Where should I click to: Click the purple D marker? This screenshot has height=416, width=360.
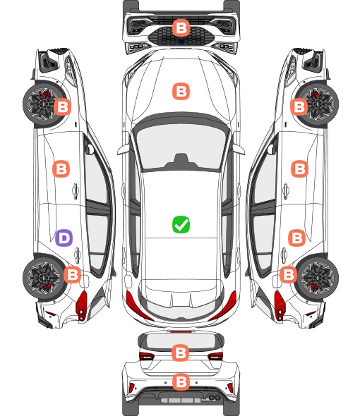pyautogui.click(x=64, y=238)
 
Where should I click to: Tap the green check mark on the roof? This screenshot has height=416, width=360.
pyautogui.click(x=181, y=224)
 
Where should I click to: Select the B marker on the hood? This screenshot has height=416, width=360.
pyautogui.click(x=181, y=91)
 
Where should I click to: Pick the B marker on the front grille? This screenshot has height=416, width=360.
pyautogui.click(x=181, y=27)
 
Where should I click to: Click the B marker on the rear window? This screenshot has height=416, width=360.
pyautogui.click(x=181, y=353)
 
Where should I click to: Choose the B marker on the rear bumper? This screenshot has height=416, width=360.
pyautogui.click(x=181, y=382)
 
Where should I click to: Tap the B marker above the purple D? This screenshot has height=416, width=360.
pyautogui.click(x=61, y=169)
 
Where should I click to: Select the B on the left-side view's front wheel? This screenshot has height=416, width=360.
pyautogui.click(x=62, y=107)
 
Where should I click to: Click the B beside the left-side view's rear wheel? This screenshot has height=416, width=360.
pyautogui.click(x=72, y=274)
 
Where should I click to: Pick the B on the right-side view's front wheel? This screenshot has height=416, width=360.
pyautogui.click(x=299, y=107)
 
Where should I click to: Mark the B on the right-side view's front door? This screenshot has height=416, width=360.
pyautogui.click(x=300, y=169)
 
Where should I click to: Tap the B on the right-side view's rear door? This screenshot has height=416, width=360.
pyautogui.click(x=297, y=238)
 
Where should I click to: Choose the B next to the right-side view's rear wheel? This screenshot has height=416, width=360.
pyautogui.click(x=289, y=274)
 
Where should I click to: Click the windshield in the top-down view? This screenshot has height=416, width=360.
pyautogui.click(x=181, y=146)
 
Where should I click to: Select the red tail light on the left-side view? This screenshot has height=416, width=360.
pyautogui.click(x=82, y=305)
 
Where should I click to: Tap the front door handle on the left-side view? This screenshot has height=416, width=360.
pyautogui.click(x=76, y=190)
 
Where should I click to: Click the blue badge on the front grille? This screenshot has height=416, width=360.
pyautogui.click(x=181, y=41)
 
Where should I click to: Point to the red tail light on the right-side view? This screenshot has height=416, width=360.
pyautogui.click(x=280, y=305)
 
